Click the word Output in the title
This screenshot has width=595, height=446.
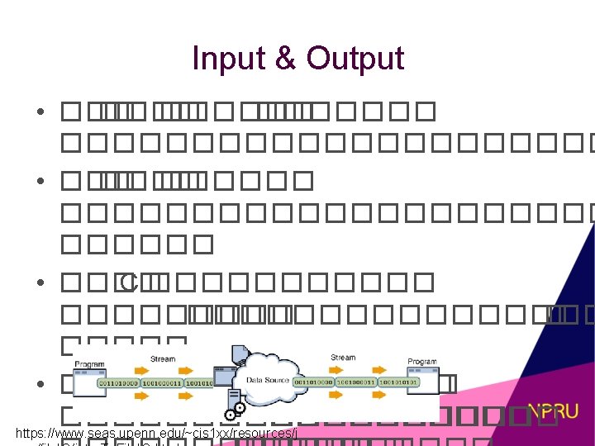pyautogui.click(x=355, y=59)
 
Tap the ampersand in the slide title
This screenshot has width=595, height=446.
pyautogui.click(x=287, y=59)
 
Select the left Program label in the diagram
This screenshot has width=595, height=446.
pyautogui.click(x=89, y=363)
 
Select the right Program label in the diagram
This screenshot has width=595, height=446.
pyautogui.click(x=421, y=362)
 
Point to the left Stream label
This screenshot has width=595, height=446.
pyautogui.click(x=163, y=359)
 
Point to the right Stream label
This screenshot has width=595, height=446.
pyautogui.click(x=342, y=358)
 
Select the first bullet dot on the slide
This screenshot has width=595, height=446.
pyautogui.click(x=40, y=111)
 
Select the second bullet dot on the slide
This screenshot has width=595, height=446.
pyautogui.click(x=40, y=179)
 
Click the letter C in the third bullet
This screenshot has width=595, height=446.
pyautogui.click(x=126, y=282)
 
